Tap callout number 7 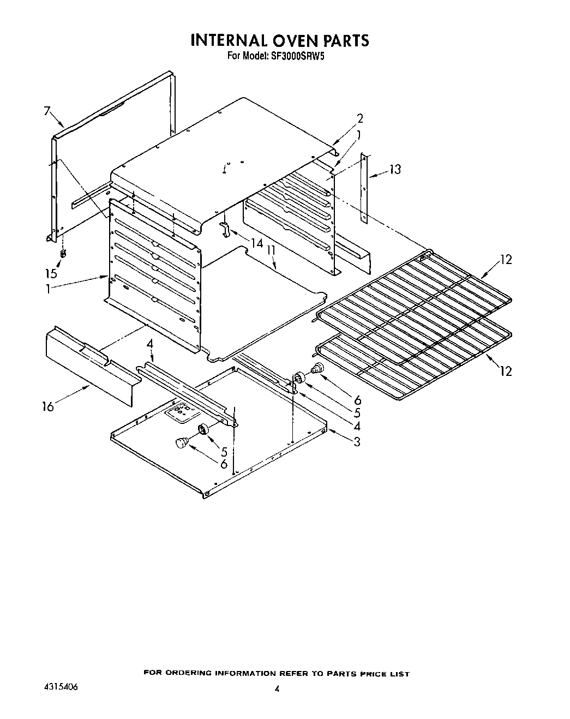[47, 112]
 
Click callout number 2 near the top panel [359, 118]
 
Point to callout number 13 [394, 170]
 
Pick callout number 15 [51, 273]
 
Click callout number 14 [256, 244]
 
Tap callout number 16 [49, 406]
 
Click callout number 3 [357, 442]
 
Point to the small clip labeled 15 [63, 254]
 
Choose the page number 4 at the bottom [277, 689]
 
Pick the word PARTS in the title [341, 40]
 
